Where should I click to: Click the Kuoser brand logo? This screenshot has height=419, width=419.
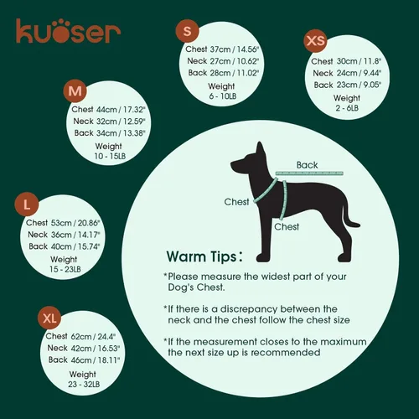pyautogui.click(x=67, y=32)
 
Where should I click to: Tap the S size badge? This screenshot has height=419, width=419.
pyautogui.click(x=188, y=33)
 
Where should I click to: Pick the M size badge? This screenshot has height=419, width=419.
pyautogui.click(x=75, y=91)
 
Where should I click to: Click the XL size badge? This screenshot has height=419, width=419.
pyautogui.click(x=50, y=318)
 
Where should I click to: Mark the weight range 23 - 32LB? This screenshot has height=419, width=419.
pyautogui.click(x=82, y=383)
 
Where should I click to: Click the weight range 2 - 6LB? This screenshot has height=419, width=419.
pyautogui.click(x=346, y=107)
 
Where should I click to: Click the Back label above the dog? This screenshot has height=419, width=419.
pyautogui.click(x=308, y=165)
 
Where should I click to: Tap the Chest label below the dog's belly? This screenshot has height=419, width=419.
pyautogui.click(x=287, y=227)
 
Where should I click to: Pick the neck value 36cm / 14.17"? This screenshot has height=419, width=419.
pyautogui.click(x=73, y=235)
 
